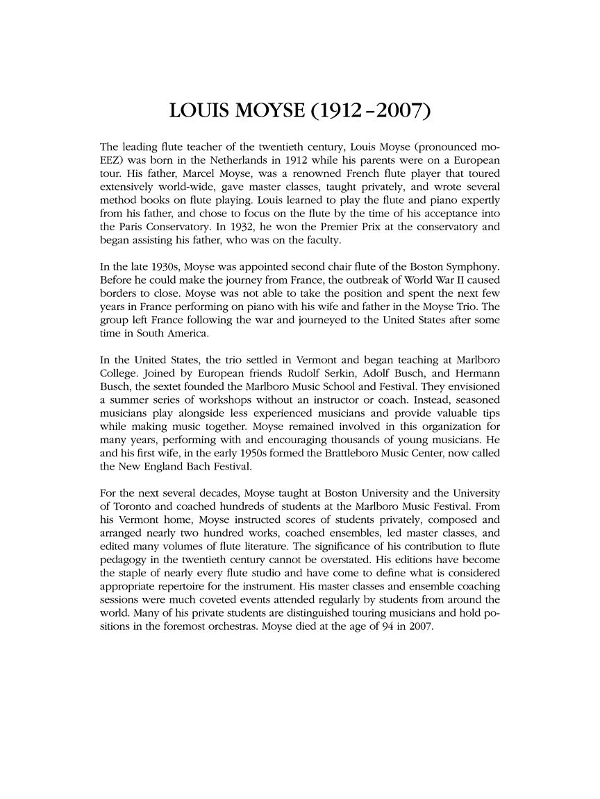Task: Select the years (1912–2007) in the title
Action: [369, 111]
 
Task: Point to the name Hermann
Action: [477, 375]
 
